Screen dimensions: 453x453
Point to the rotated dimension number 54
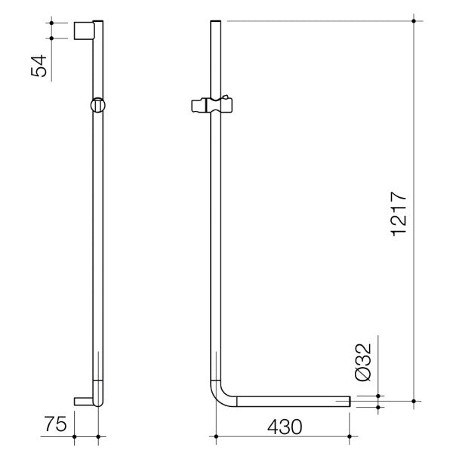[39, 66]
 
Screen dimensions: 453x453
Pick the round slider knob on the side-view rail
[97, 105]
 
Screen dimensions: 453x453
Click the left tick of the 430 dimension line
[216, 436]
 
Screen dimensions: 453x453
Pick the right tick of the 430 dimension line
[351, 436]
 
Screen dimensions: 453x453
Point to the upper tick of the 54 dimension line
[51, 23]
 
